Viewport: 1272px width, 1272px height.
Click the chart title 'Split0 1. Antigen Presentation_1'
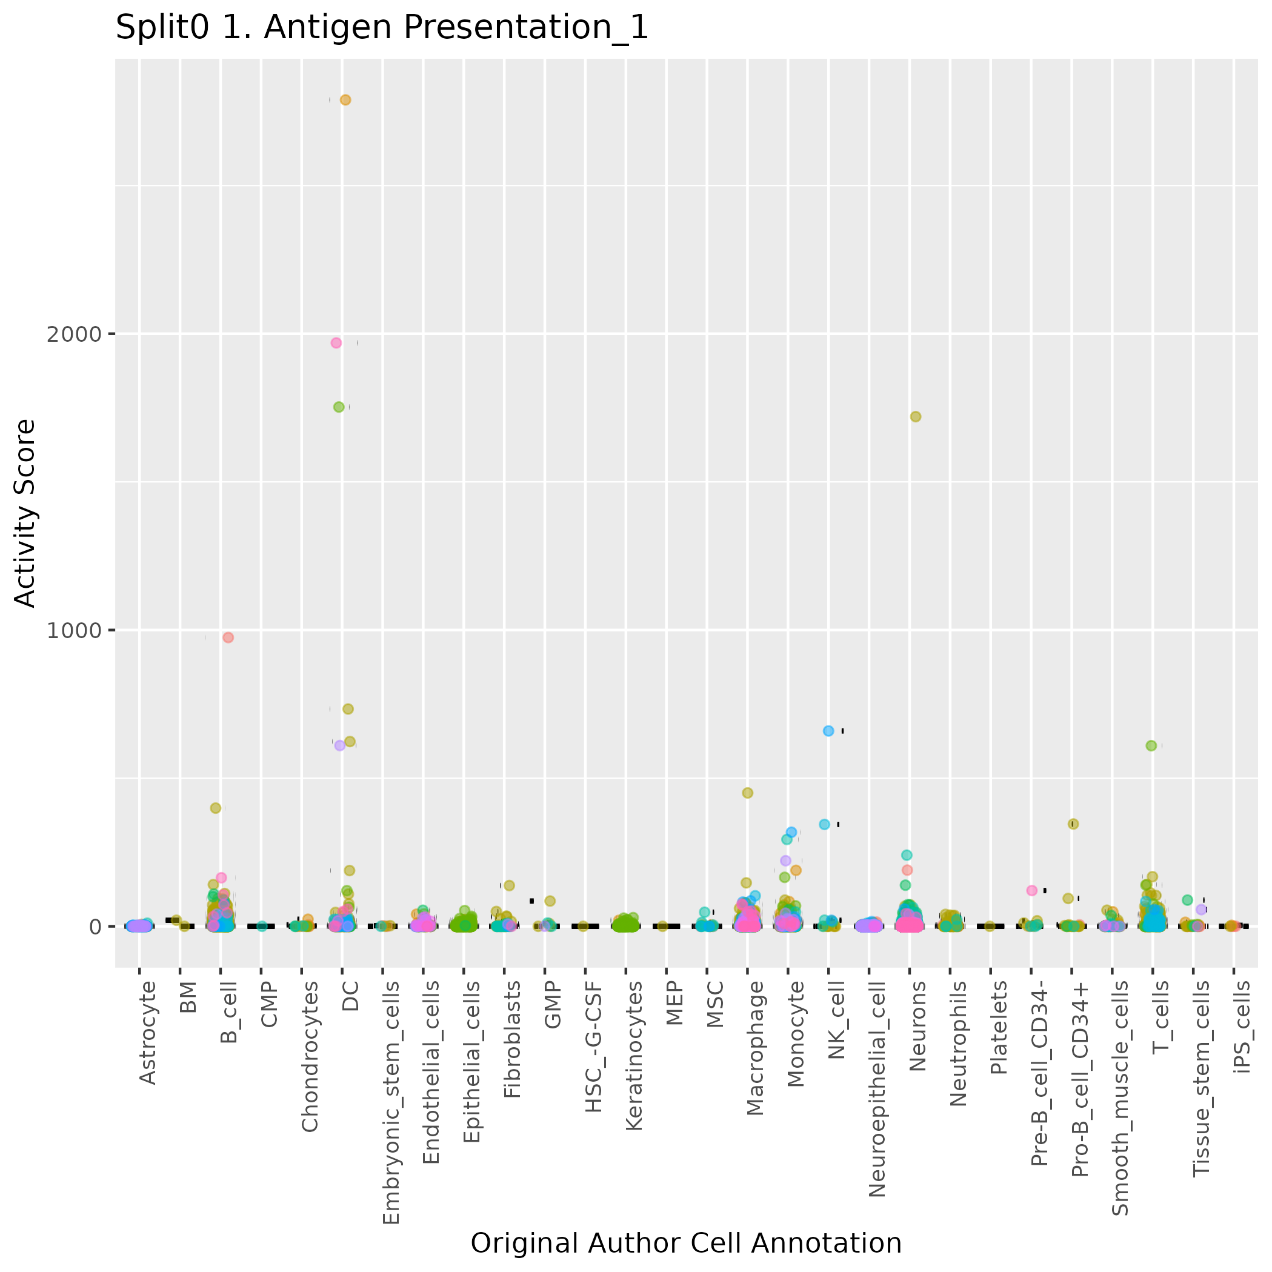coord(382,28)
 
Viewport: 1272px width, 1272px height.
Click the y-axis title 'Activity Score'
coord(25,513)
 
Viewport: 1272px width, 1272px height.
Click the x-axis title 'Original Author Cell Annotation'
coord(686,1243)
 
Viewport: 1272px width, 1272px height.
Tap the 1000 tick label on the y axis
coord(75,631)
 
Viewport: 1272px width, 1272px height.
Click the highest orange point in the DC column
coord(345,100)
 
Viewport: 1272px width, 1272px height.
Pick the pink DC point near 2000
coord(336,343)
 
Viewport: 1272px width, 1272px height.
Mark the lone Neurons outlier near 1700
coord(915,417)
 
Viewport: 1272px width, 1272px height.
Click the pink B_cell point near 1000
coord(228,638)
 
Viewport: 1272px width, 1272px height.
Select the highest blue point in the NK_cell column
coord(828,731)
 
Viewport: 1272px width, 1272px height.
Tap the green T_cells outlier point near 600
coord(1151,746)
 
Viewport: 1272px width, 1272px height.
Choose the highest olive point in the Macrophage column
coord(747,793)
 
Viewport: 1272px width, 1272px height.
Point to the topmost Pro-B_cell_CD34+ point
coord(1073,824)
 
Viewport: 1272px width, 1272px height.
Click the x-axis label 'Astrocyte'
coord(148,1031)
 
